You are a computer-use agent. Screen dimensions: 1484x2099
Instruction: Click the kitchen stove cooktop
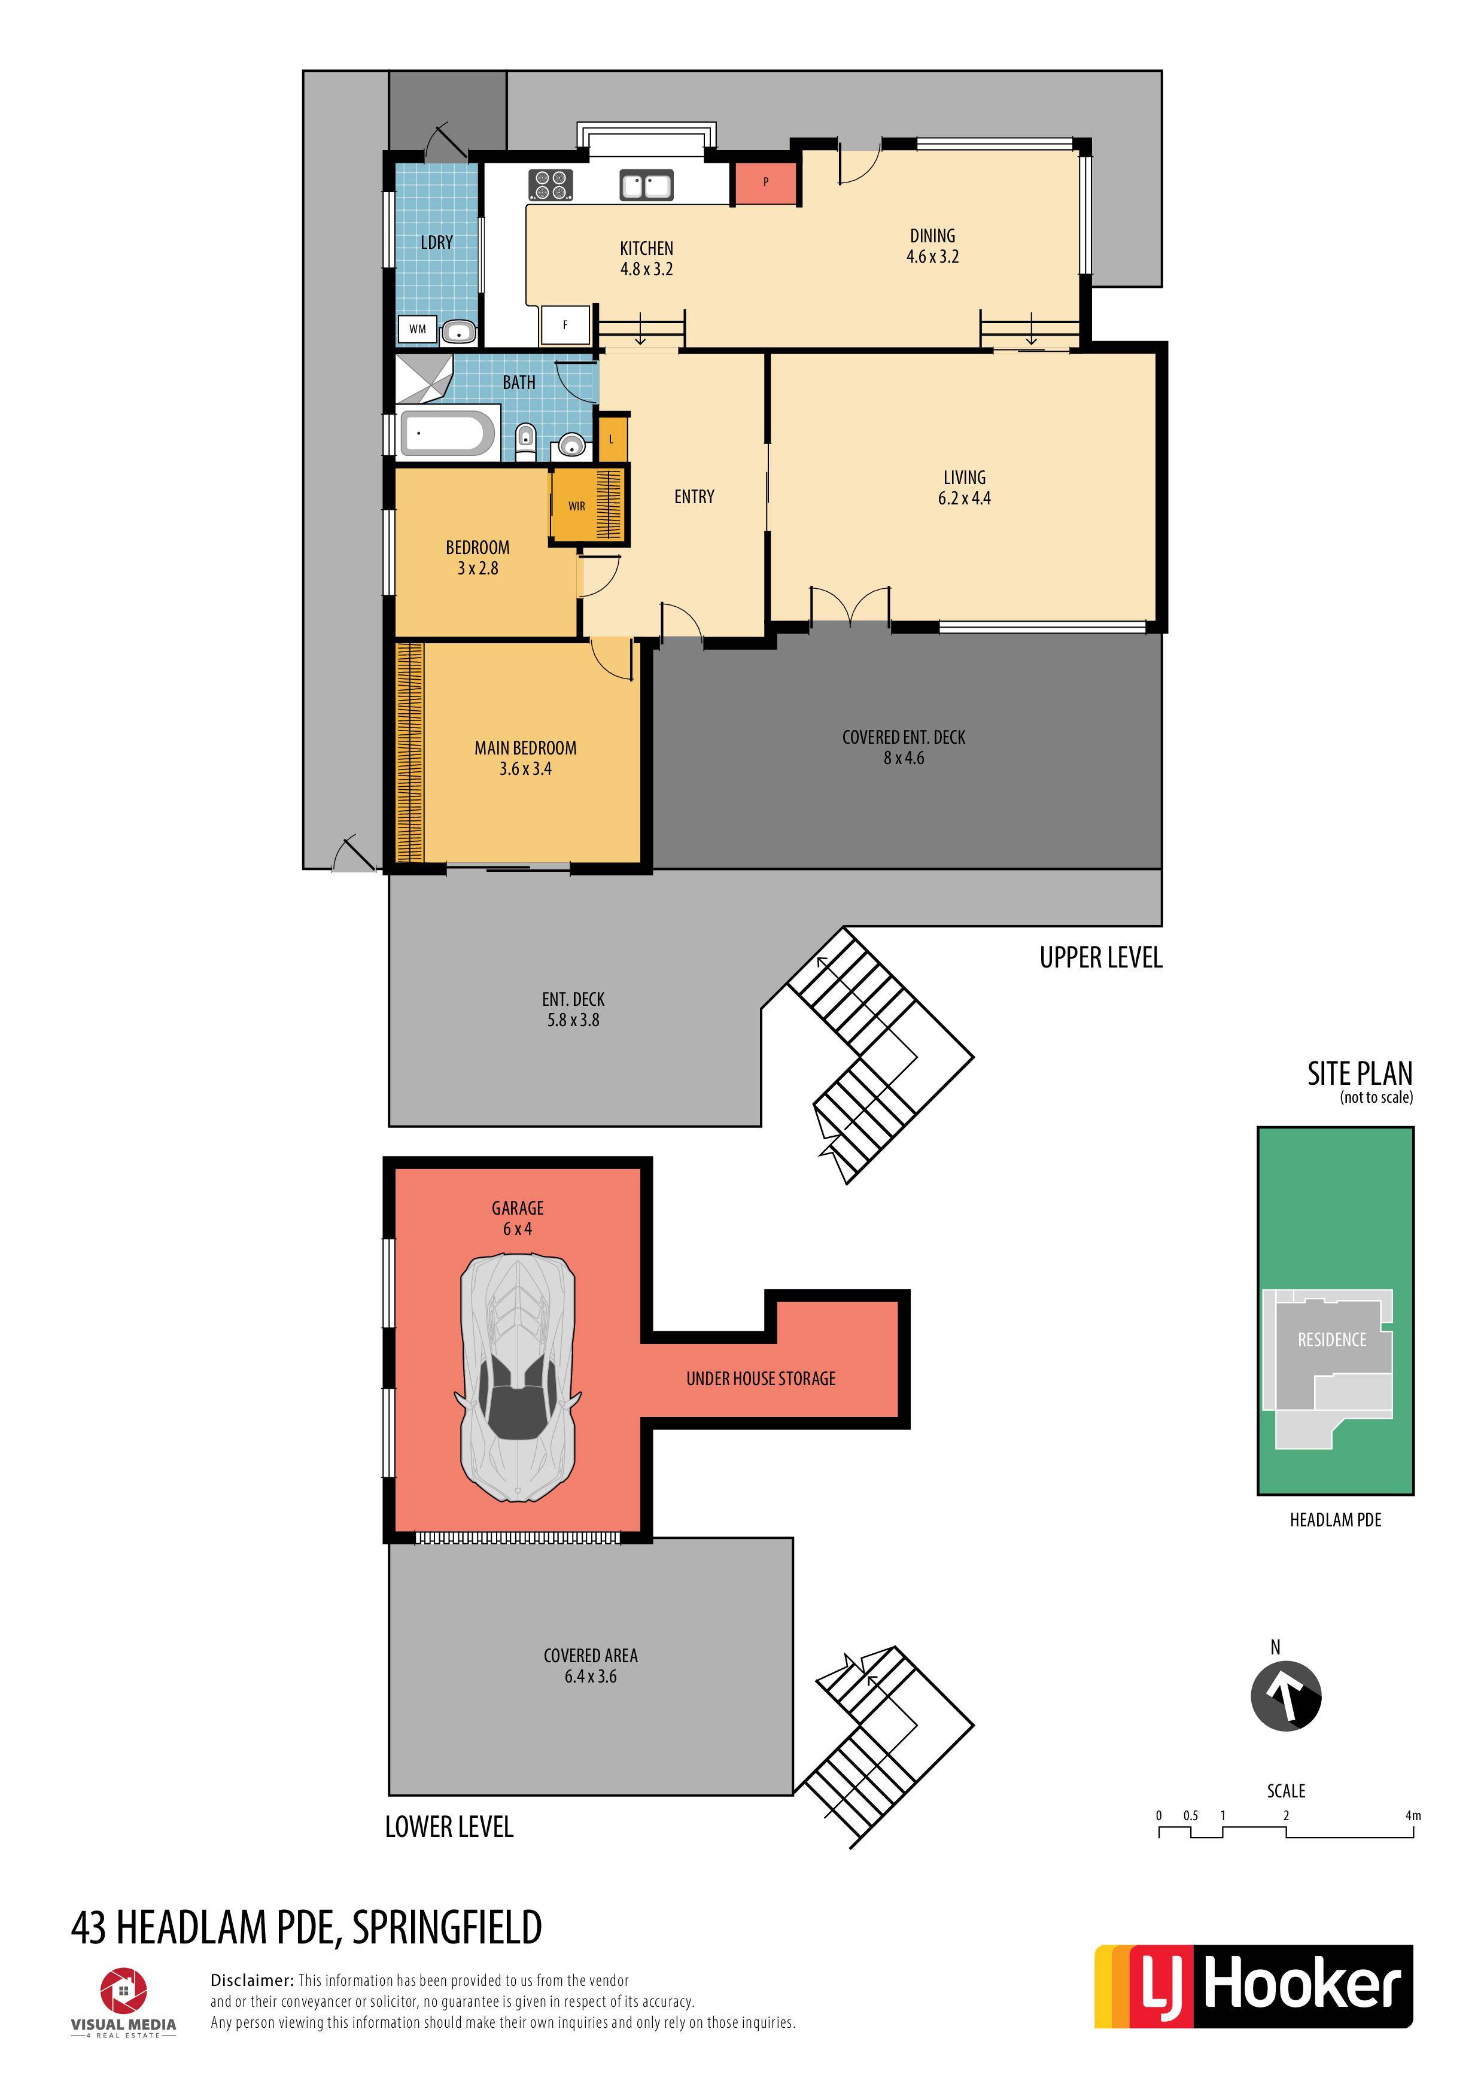[x=551, y=185]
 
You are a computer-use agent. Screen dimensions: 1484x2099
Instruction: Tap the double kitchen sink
[x=646, y=185]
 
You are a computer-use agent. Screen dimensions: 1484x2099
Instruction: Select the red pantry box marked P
[x=765, y=183]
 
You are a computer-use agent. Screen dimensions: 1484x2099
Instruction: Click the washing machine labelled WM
[x=418, y=329]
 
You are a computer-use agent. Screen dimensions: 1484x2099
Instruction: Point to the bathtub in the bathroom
[x=448, y=433]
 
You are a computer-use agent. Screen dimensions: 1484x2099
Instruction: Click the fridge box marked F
[x=565, y=324]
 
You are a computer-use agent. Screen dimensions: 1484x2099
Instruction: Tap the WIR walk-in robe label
[x=577, y=506]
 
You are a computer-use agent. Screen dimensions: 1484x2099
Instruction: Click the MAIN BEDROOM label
[x=526, y=748]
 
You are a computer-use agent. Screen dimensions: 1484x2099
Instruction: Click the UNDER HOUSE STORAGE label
[x=761, y=1379]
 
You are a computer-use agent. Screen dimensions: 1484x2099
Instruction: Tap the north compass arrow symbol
[x=1285, y=1696]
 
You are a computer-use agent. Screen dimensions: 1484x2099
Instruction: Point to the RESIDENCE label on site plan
[x=1332, y=1340]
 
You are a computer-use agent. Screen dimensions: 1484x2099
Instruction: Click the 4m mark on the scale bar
[x=1413, y=1815]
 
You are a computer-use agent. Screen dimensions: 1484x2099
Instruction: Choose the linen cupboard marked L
[x=612, y=439]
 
